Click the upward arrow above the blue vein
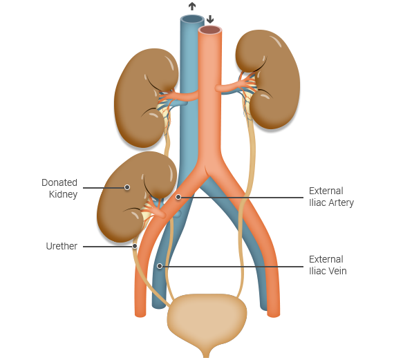[x=192, y=6]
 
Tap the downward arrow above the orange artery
[x=210, y=19]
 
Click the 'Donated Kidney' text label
[x=59, y=189]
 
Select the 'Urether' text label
[x=62, y=246]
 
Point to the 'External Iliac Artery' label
[x=331, y=197]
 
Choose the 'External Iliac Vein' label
[x=328, y=265]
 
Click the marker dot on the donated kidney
[x=127, y=187]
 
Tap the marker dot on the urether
[x=135, y=246]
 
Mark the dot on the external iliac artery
[x=178, y=197]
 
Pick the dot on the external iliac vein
[x=160, y=266]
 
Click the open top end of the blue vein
[x=192, y=19]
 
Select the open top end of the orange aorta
[x=210, y=30]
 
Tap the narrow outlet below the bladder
[x=206, y=352]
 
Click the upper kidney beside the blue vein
[x=146, y=98]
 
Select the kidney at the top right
[x=268, y=79]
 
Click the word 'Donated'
[x=59, y=182]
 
